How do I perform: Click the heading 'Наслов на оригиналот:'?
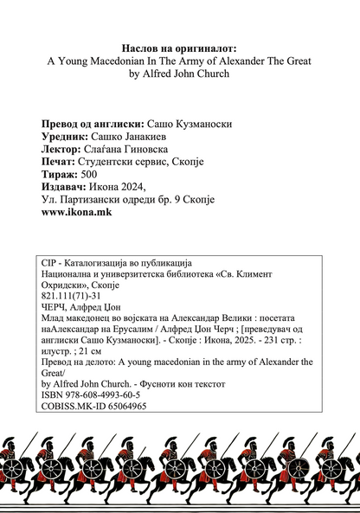pyautogui.click(x=180, y=48)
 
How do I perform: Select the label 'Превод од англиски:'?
pyautogui.click(x=93, y=124)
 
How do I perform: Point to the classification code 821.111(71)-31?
pyautogui.click(x=77, y=295)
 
